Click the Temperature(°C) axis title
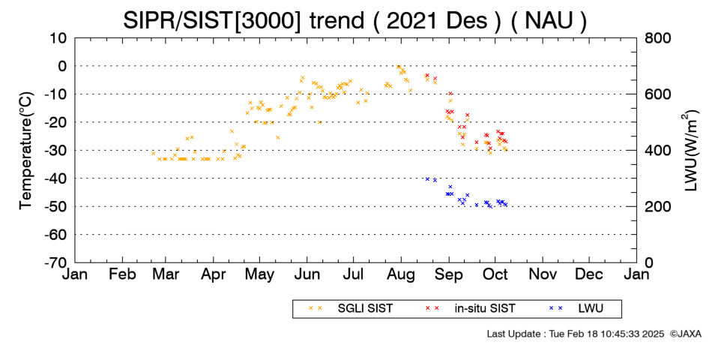tap(26, 150)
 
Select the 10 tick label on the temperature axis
tap(58, 38)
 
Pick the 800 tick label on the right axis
tap(658, 38)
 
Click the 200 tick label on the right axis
tap(658, 206)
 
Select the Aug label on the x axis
tap(401, 274)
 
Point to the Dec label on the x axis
tap(589, 274)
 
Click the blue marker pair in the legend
tap(556, 308)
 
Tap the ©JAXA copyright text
tap(686, 334)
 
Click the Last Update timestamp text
tap(576, 334)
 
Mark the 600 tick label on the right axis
tap(658, 94)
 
